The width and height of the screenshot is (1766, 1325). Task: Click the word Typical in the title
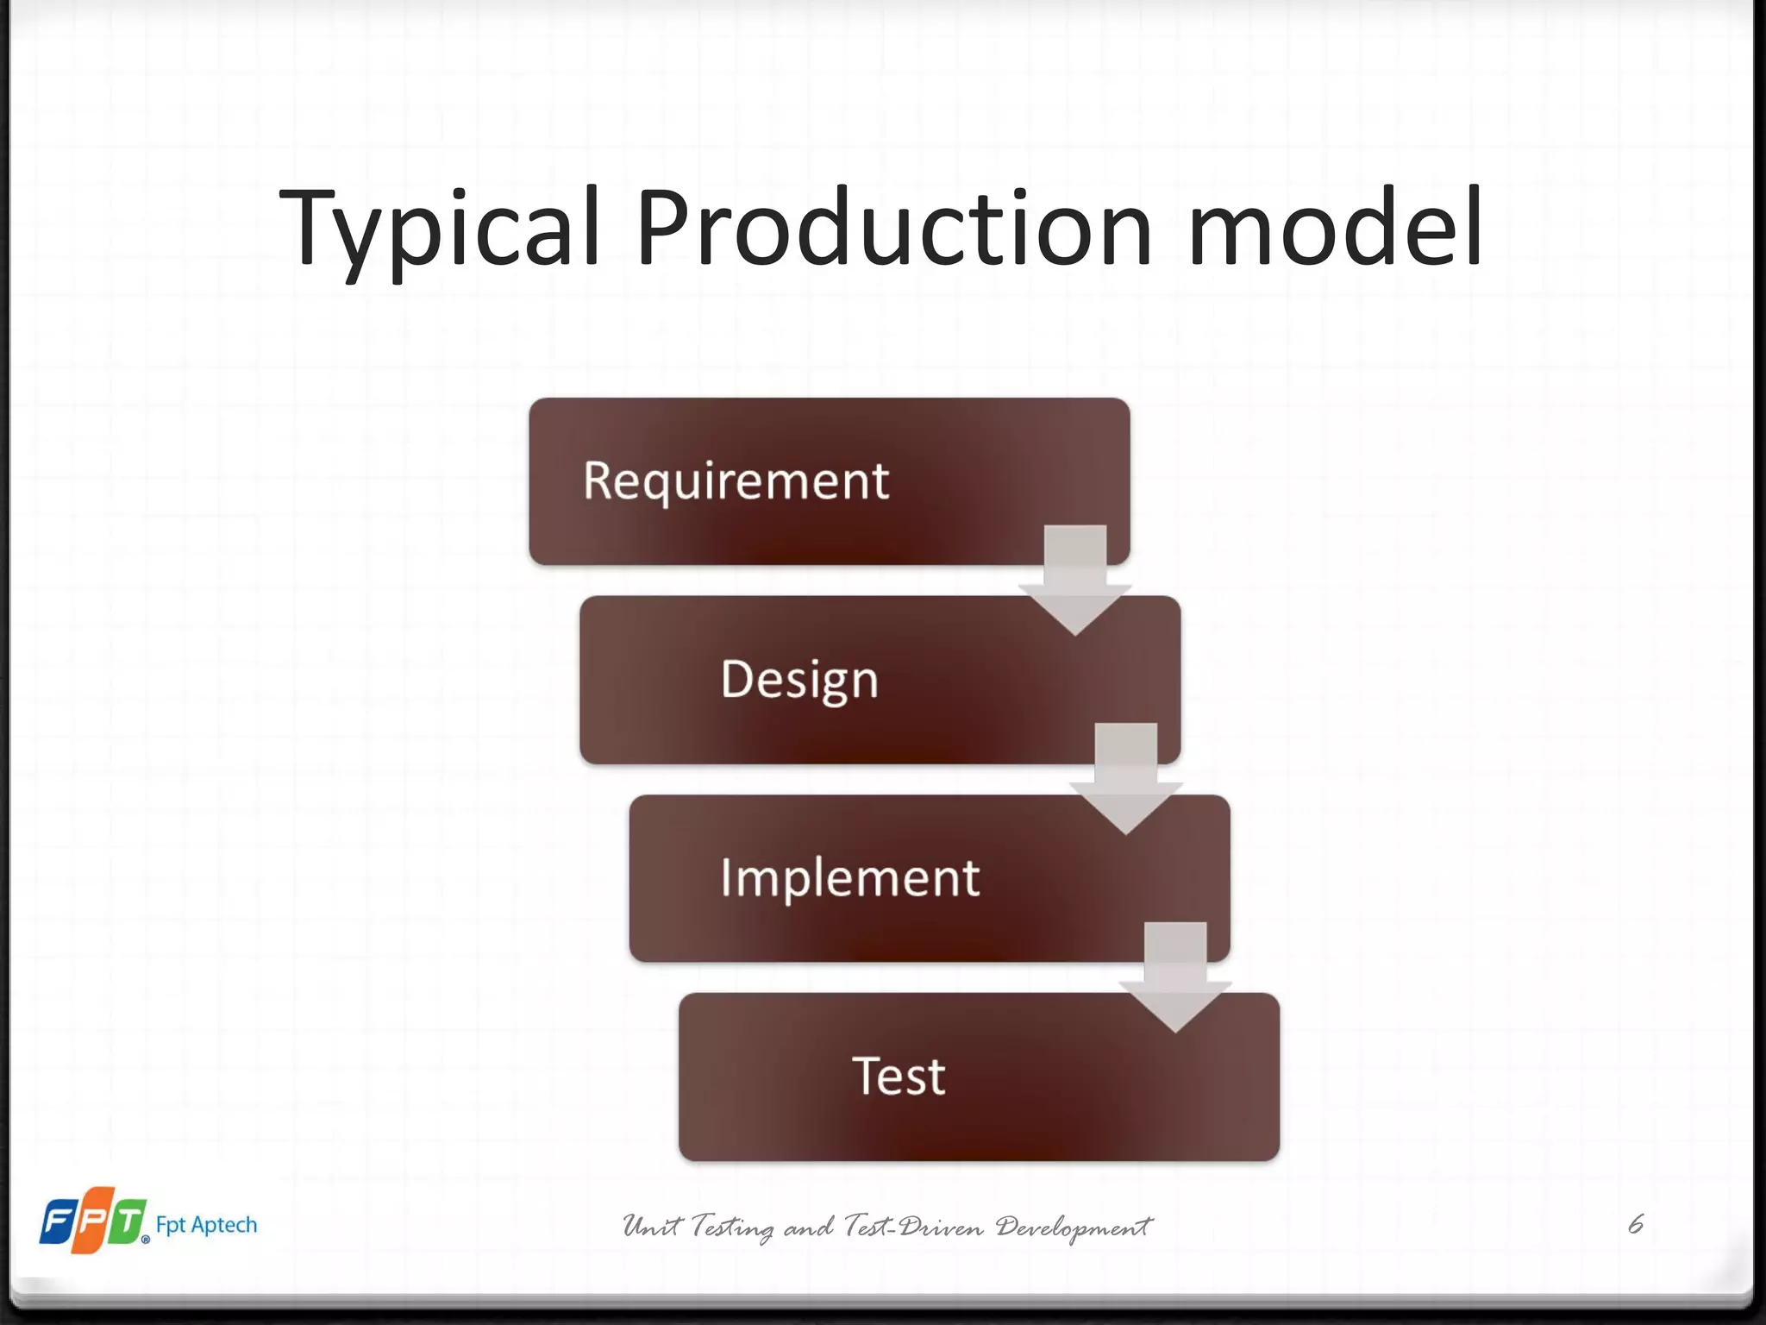click(x=439, y=229)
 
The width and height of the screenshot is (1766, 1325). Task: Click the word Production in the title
click(x=893, y=229)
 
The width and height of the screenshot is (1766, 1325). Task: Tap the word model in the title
click(x=1335, y=229)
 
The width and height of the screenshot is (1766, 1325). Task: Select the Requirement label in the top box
click(x=736, y=481)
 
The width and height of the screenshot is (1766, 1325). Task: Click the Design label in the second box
click(x=799, y=680)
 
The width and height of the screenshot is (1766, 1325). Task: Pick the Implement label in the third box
click(x=849, y=878)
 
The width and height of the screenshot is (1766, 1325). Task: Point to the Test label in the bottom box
click(x=899, y=1077)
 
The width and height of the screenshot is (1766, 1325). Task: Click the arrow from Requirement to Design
click(x=1075, y=581)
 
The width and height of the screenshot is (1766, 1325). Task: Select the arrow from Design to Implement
click(x=1125, y=779)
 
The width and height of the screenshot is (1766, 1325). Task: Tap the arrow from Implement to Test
click(x=1175, y=977)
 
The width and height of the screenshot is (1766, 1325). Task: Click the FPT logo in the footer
click(x=93, y=1221)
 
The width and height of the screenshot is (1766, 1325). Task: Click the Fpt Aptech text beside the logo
click(x=206, y=1225)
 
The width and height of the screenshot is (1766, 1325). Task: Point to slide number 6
click(x=1636, y=1224)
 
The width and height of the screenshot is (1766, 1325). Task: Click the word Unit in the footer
click(x=652, y=1226)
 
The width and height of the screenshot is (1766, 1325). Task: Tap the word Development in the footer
click(x=1074, y=1228)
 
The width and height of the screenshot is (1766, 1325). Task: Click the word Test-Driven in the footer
click(x=914, y=1226)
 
